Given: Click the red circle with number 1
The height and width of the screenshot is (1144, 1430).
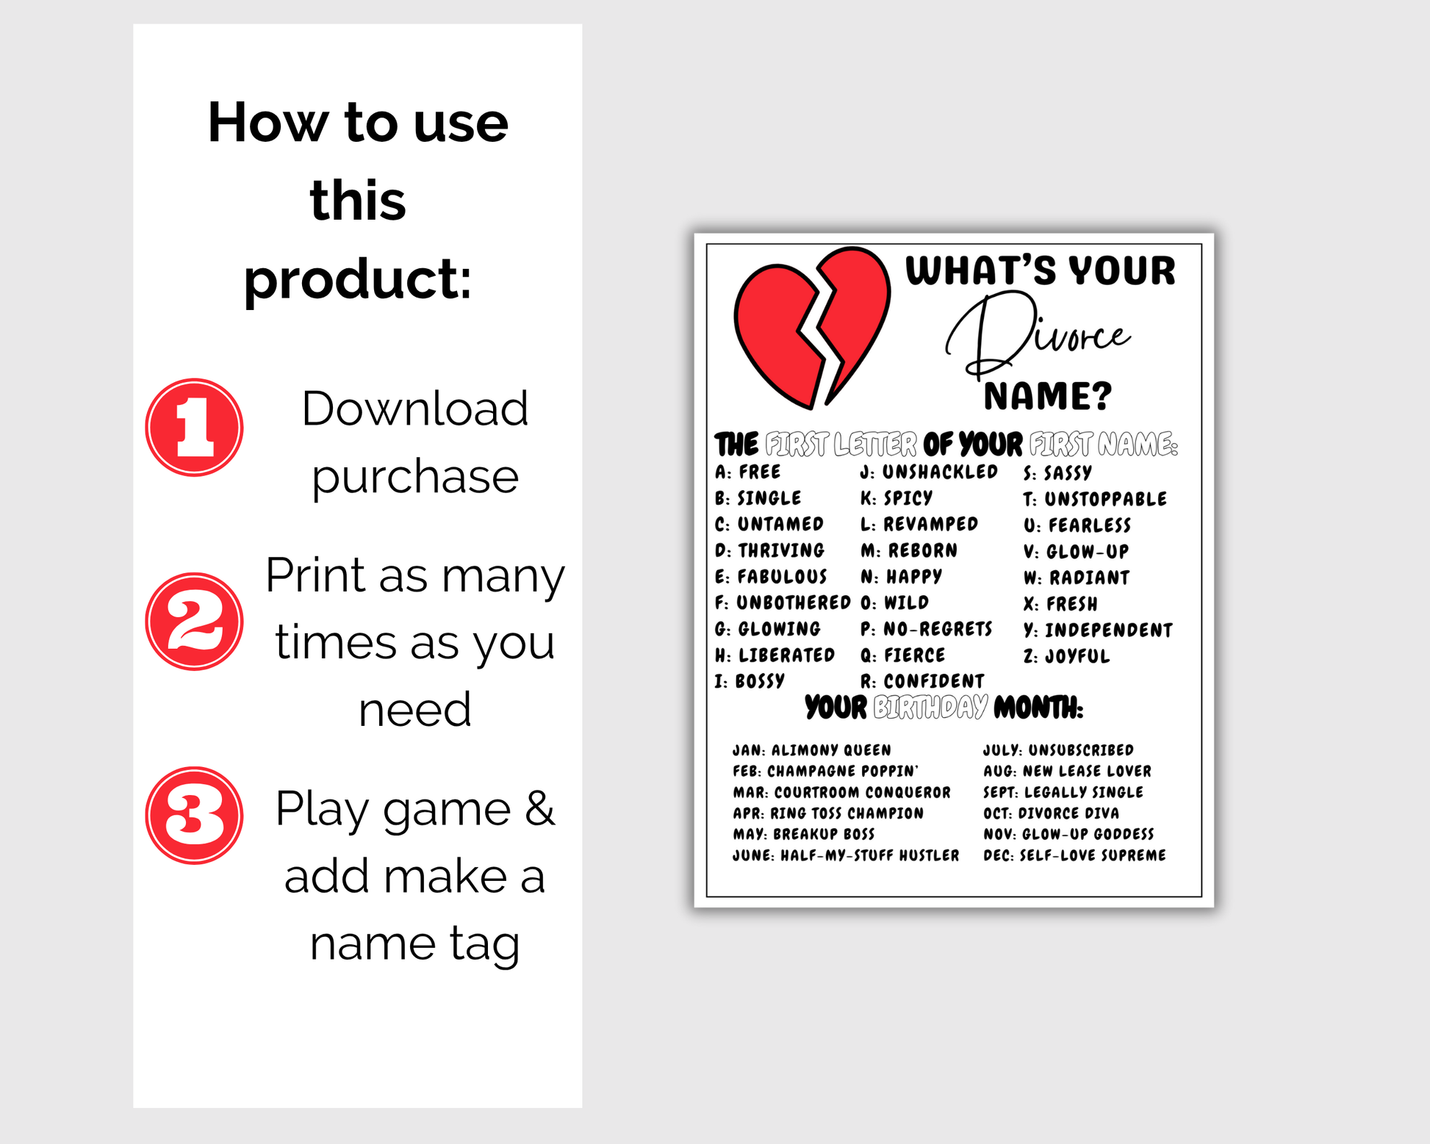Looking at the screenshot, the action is point(194,428).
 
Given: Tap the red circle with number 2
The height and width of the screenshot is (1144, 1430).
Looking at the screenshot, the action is point(194,622).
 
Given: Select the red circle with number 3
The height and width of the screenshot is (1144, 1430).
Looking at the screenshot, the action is point(194,816).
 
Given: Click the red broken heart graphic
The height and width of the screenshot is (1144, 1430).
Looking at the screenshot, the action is point(812,328).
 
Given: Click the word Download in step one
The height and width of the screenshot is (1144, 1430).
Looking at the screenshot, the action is point(415,409).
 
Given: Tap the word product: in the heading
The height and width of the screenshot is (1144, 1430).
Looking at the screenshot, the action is point(358,281).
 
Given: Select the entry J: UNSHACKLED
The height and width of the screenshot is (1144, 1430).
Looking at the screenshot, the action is point(929,472).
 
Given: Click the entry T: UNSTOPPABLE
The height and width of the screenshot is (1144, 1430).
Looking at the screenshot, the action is point(1095,499).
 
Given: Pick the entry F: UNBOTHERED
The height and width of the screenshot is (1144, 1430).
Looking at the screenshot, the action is point(783,602).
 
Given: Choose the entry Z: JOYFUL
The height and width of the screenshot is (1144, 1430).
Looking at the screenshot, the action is point(1066,655).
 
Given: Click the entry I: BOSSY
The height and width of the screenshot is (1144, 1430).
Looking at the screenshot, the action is point(750,681).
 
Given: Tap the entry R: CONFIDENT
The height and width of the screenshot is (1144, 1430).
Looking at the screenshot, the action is point(922,681).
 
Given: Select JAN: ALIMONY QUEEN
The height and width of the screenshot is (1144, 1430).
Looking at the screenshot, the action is point(811,750).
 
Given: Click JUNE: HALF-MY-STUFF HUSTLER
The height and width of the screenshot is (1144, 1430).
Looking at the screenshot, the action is point(846,855).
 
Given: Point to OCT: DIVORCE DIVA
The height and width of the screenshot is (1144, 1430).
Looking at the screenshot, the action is point(1051,813).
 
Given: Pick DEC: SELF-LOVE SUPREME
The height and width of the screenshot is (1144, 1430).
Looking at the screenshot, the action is point(1074,855).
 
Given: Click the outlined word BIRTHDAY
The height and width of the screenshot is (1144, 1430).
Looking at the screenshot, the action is point(930,708).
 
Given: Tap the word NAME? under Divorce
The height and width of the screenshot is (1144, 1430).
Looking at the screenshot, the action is point(1047,397).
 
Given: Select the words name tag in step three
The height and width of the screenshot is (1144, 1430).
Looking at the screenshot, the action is point(415,943).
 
